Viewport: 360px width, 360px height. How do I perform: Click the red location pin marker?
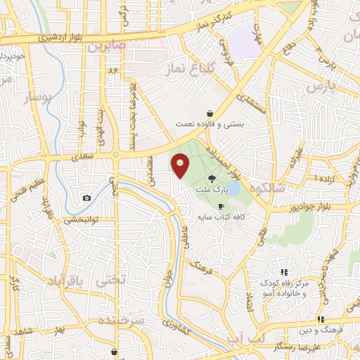tap(181, 166)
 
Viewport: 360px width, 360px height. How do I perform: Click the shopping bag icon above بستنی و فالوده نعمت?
tap(210, 113)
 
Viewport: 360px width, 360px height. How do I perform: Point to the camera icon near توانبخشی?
tap(86, 198)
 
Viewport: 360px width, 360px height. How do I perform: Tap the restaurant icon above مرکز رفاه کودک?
tap(284, 272)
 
